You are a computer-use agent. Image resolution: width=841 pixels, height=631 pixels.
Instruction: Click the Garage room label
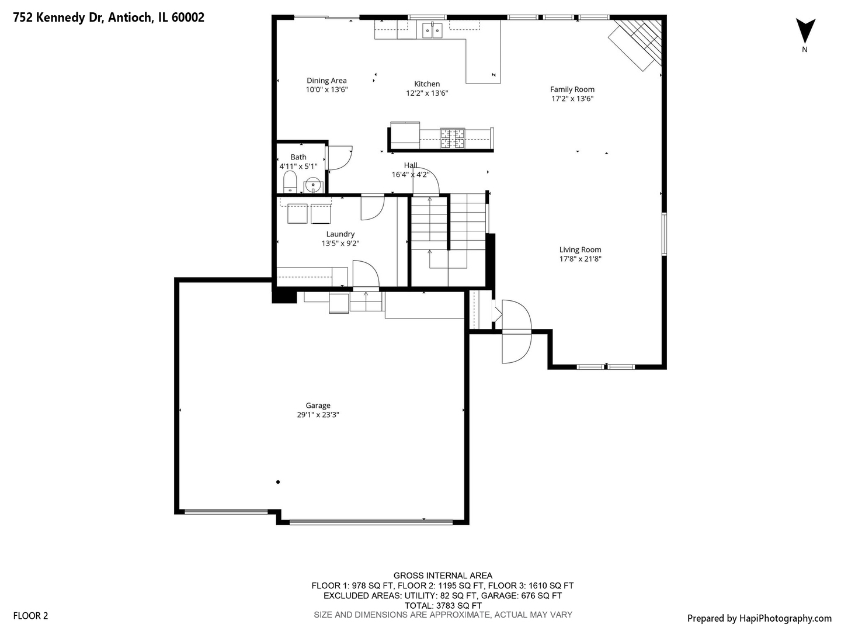point(318,405)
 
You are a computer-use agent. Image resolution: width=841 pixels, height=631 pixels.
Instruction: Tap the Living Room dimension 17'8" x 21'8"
point(580,259)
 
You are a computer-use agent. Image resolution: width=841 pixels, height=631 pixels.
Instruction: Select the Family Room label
point(572,89)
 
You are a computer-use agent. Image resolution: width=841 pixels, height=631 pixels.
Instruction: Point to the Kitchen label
point(427,84)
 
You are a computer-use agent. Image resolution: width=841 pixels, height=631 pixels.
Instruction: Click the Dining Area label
point(326,81)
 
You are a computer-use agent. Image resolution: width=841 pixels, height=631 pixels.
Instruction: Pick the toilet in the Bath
point(290,182)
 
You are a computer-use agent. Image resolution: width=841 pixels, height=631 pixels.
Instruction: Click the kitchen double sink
point(432,29)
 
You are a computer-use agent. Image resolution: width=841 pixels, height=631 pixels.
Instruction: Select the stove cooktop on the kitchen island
point(452,137)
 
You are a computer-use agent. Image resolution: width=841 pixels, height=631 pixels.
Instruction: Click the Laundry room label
point(340,234)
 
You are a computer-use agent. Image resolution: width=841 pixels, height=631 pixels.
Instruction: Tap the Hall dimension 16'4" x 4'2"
point(411,174)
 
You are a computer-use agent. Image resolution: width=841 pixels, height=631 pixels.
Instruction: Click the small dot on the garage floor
point(278,482)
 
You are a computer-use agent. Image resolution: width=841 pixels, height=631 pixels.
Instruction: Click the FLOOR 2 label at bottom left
point(30,616)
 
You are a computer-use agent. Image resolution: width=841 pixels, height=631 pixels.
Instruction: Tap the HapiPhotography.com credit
point(759,618)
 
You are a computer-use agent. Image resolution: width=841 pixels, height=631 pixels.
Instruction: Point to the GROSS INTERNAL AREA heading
point(443,575)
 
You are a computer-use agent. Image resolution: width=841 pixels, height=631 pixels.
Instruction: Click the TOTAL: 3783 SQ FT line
point(443,605)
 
